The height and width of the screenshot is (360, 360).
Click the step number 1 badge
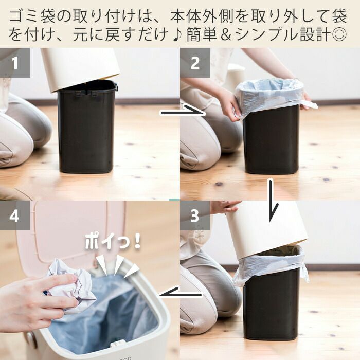[15, 63]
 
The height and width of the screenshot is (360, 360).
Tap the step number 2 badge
[195, 63]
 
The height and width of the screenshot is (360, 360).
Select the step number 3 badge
[195, 215]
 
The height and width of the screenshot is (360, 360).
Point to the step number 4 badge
[15, 215]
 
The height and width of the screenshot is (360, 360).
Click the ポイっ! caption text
[113, 242]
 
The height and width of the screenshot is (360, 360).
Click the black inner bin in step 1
[86, 129]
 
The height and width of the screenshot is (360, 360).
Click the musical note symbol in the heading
[177, 35]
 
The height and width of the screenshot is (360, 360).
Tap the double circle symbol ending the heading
[339, 35]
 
